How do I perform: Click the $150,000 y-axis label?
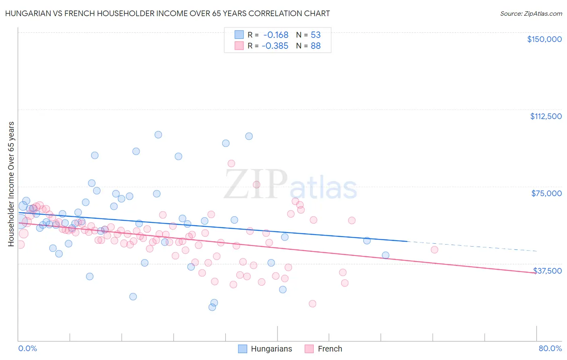544,39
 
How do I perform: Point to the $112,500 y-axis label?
546,116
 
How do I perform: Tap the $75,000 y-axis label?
546,193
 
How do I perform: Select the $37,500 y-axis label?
547,271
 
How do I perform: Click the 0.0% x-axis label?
27,348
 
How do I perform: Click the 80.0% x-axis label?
550,348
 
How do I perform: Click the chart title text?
167,13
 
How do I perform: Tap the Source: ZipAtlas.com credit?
531,13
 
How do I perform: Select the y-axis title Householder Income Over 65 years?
11,184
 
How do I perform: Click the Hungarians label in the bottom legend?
271,349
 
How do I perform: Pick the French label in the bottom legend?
329,349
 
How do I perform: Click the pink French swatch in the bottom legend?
309,349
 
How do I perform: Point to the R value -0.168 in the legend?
275,35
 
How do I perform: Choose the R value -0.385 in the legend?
275,46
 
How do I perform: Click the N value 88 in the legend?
315,46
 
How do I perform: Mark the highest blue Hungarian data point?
158,135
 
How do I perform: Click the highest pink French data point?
231,163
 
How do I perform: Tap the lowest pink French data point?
312,303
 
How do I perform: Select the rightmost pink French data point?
434,250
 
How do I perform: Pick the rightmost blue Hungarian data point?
386,255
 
